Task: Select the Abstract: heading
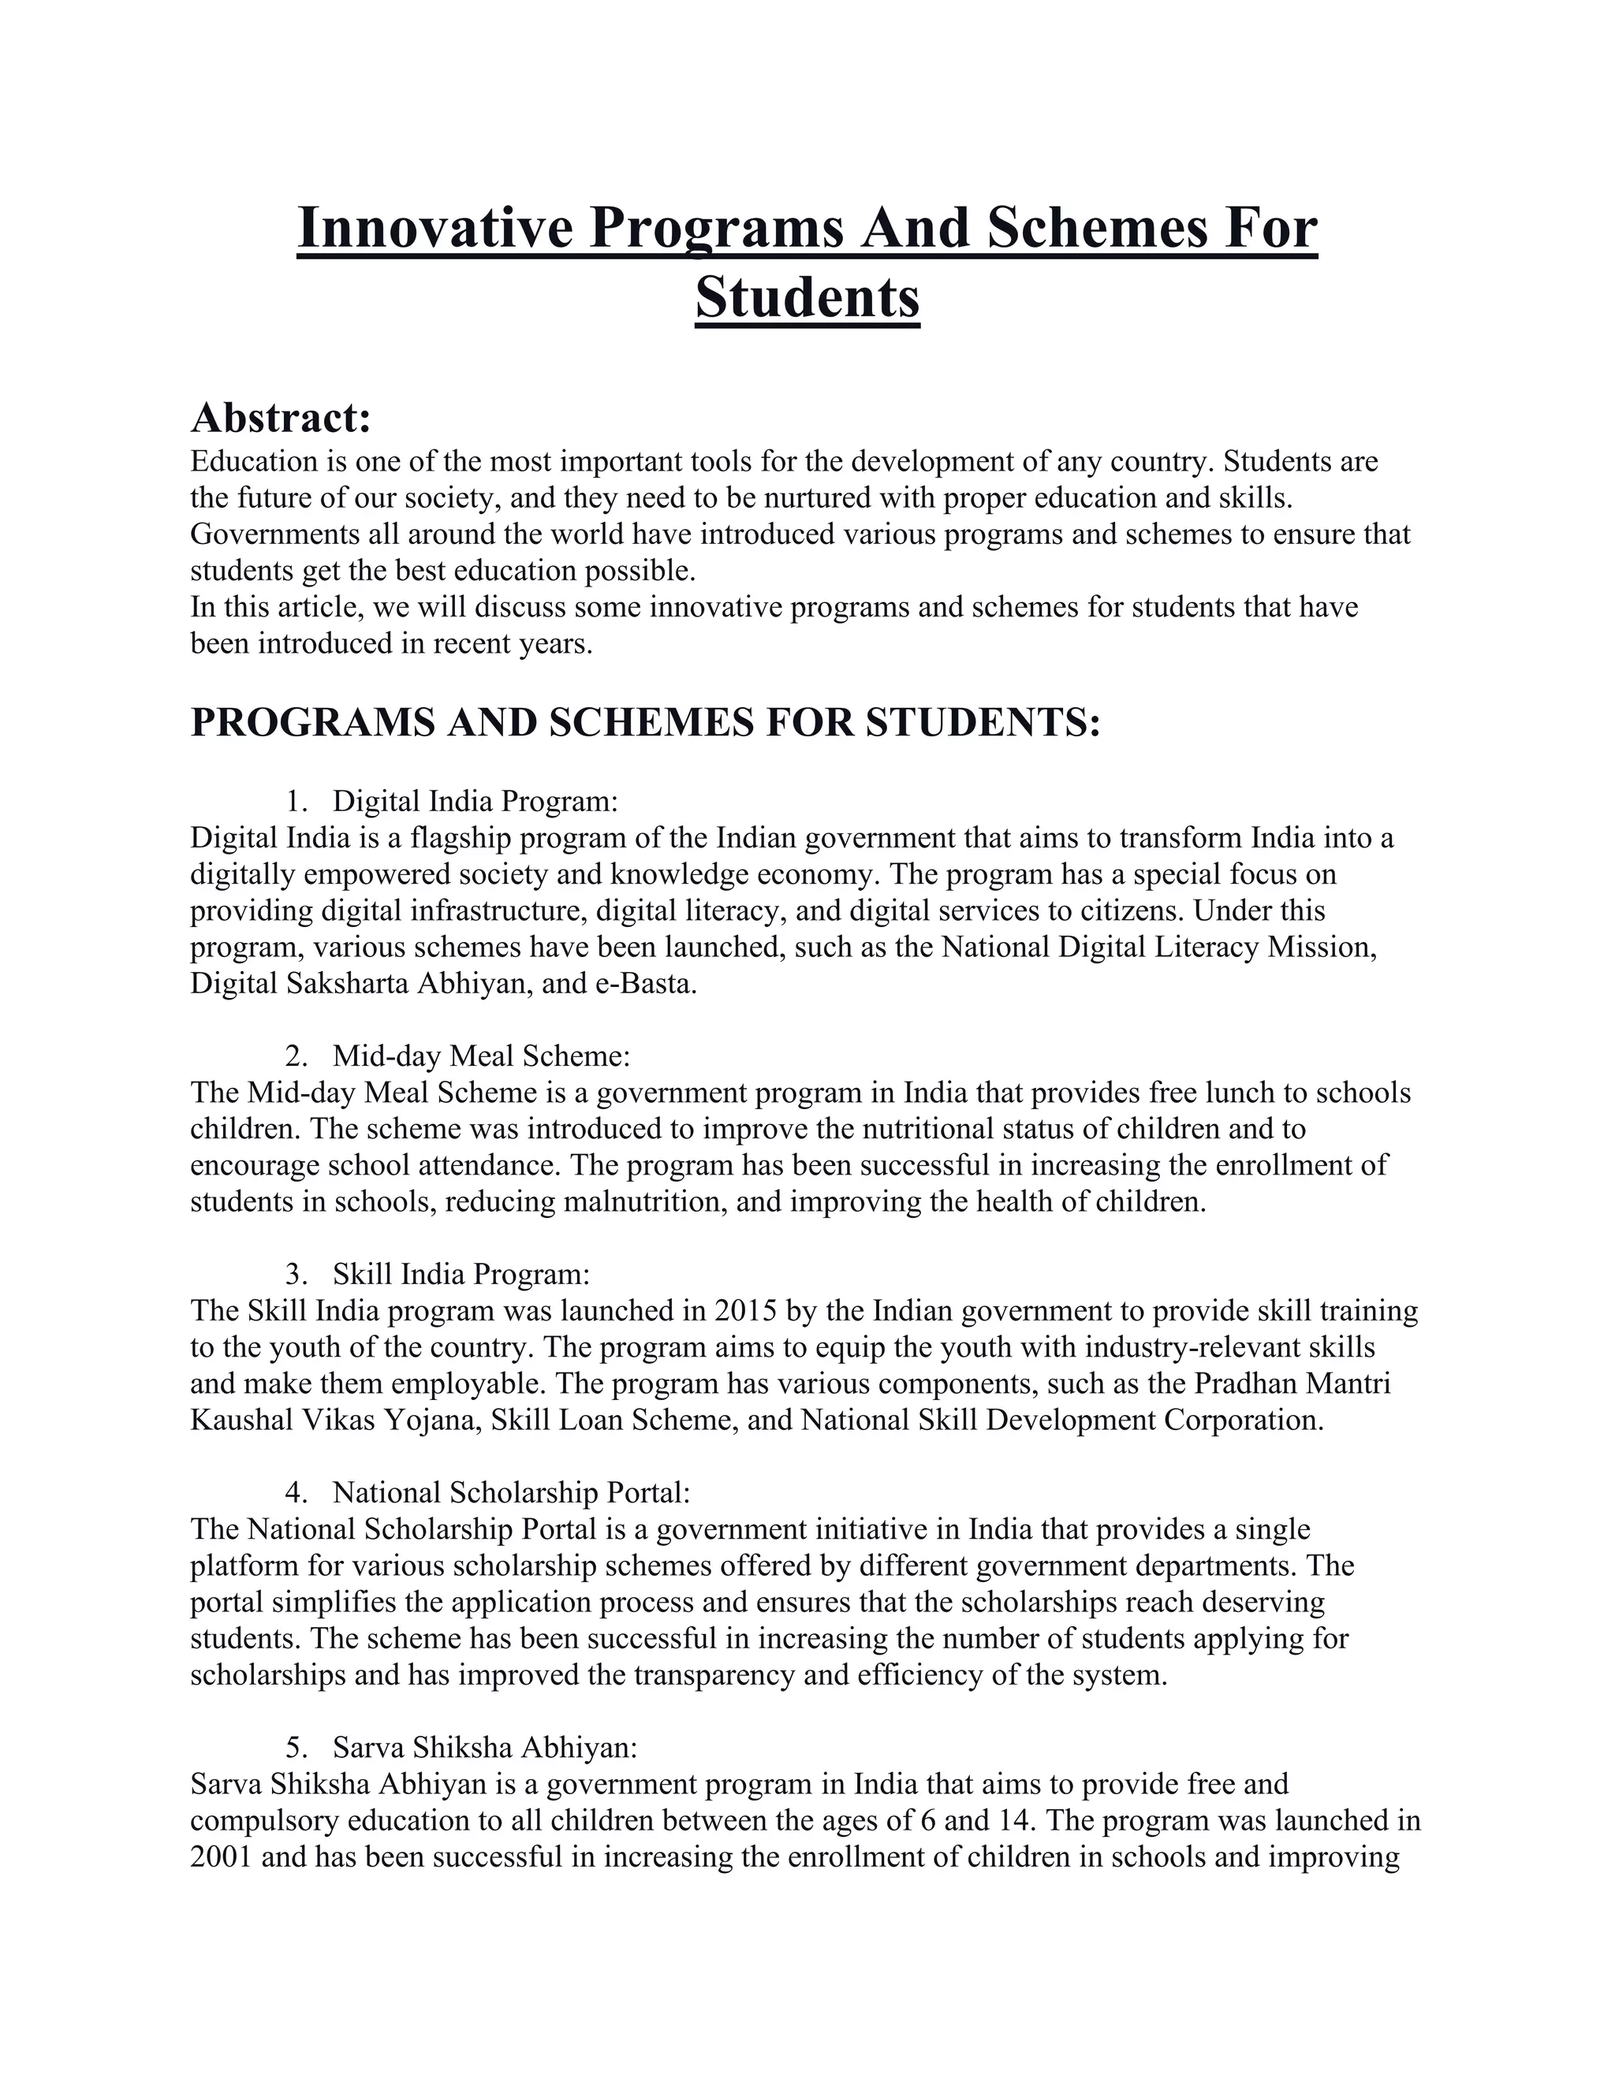click(x=280, y=418)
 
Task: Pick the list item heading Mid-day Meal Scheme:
click(x=481, y=1056)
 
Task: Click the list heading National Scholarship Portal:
click(x=511, y=1492)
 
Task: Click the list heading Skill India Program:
click(x=461, y=1274)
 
